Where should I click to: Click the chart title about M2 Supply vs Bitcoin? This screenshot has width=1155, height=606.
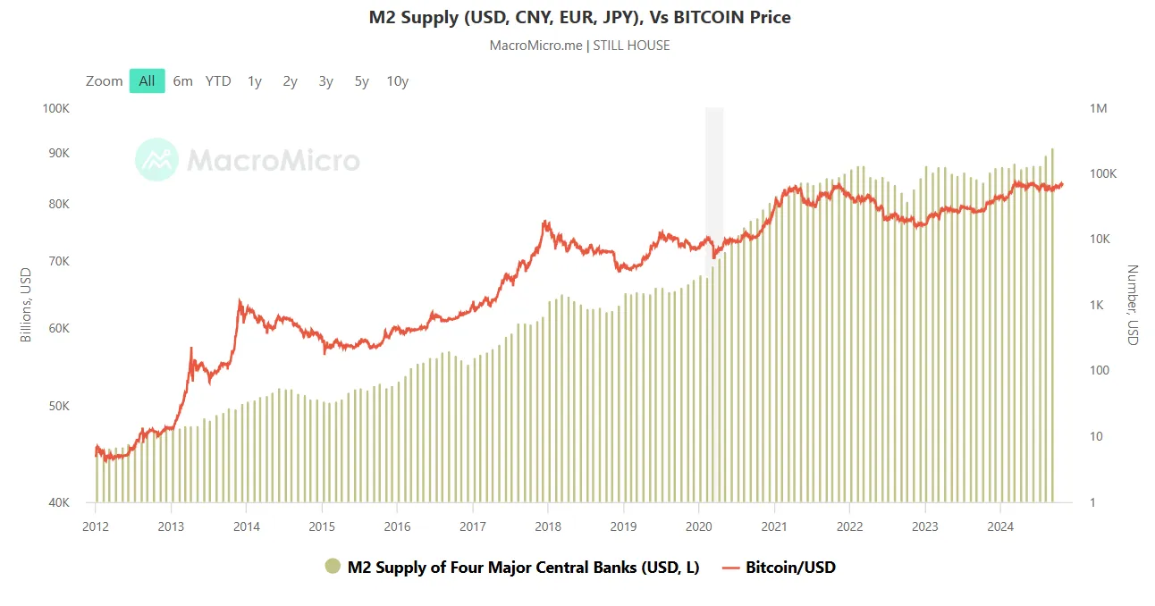579,17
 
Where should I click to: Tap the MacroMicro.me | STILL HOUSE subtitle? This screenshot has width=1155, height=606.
579,45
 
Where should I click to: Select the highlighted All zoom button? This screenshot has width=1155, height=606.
147,80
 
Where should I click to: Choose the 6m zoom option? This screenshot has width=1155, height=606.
182,80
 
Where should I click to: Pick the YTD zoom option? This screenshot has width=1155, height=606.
218,80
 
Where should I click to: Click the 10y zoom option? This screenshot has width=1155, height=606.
397,80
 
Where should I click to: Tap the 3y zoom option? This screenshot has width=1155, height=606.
325,80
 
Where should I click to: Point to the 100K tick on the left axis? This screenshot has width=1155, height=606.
56,108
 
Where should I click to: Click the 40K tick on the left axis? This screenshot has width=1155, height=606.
58,502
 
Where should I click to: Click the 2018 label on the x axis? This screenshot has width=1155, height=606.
547,526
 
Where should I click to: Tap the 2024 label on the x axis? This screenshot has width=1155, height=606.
1001,526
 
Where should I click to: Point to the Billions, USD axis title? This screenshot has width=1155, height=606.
26,305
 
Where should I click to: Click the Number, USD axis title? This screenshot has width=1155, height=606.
1133,305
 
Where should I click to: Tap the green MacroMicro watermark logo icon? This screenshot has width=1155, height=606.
156,160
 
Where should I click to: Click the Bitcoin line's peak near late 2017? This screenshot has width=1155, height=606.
544,222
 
